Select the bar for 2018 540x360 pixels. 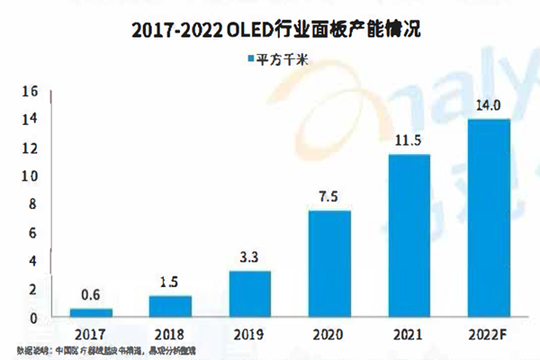pos(170,307)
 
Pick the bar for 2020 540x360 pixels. pos(330,264)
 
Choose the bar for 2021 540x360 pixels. pos(409,236)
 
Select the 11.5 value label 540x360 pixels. pos(409,142)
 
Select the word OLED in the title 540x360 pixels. pos(278,30)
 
